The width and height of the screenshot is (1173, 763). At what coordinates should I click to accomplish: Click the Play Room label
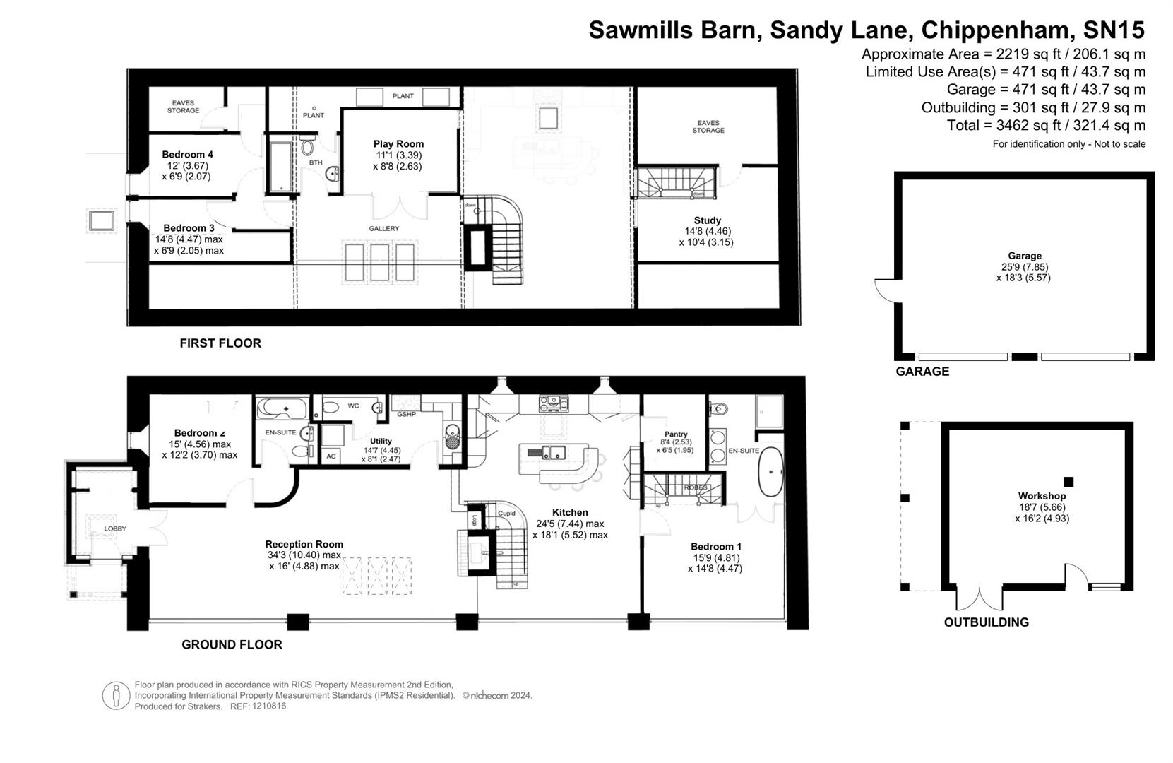(398, 144)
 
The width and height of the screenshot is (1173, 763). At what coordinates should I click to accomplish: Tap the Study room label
(707, 220)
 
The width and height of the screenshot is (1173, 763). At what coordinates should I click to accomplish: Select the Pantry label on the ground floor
(675, 434)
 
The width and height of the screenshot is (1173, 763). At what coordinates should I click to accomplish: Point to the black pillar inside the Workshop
(1068, 482)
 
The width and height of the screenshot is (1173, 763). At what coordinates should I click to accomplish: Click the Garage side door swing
(884, 290)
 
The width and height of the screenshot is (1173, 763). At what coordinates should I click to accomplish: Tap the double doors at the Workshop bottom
(980, 599)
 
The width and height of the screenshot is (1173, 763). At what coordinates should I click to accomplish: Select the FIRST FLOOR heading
(220, 343)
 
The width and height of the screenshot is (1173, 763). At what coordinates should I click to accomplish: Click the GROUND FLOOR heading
(232, 644)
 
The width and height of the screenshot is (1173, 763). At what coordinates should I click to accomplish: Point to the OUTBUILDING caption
(986, 622)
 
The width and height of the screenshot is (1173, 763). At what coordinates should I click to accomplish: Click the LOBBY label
(115, 528)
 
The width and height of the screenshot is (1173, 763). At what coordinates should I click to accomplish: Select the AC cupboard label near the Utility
(331, 456)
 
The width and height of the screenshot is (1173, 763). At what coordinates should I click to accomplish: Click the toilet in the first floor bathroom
(307, 147)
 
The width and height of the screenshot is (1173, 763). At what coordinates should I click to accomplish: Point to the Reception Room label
(304, 544)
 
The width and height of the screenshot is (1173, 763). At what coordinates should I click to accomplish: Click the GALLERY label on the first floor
(383, 229)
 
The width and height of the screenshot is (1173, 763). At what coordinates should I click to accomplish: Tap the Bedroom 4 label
(187, 155)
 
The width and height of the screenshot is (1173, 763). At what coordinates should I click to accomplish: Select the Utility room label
(381, 442)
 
